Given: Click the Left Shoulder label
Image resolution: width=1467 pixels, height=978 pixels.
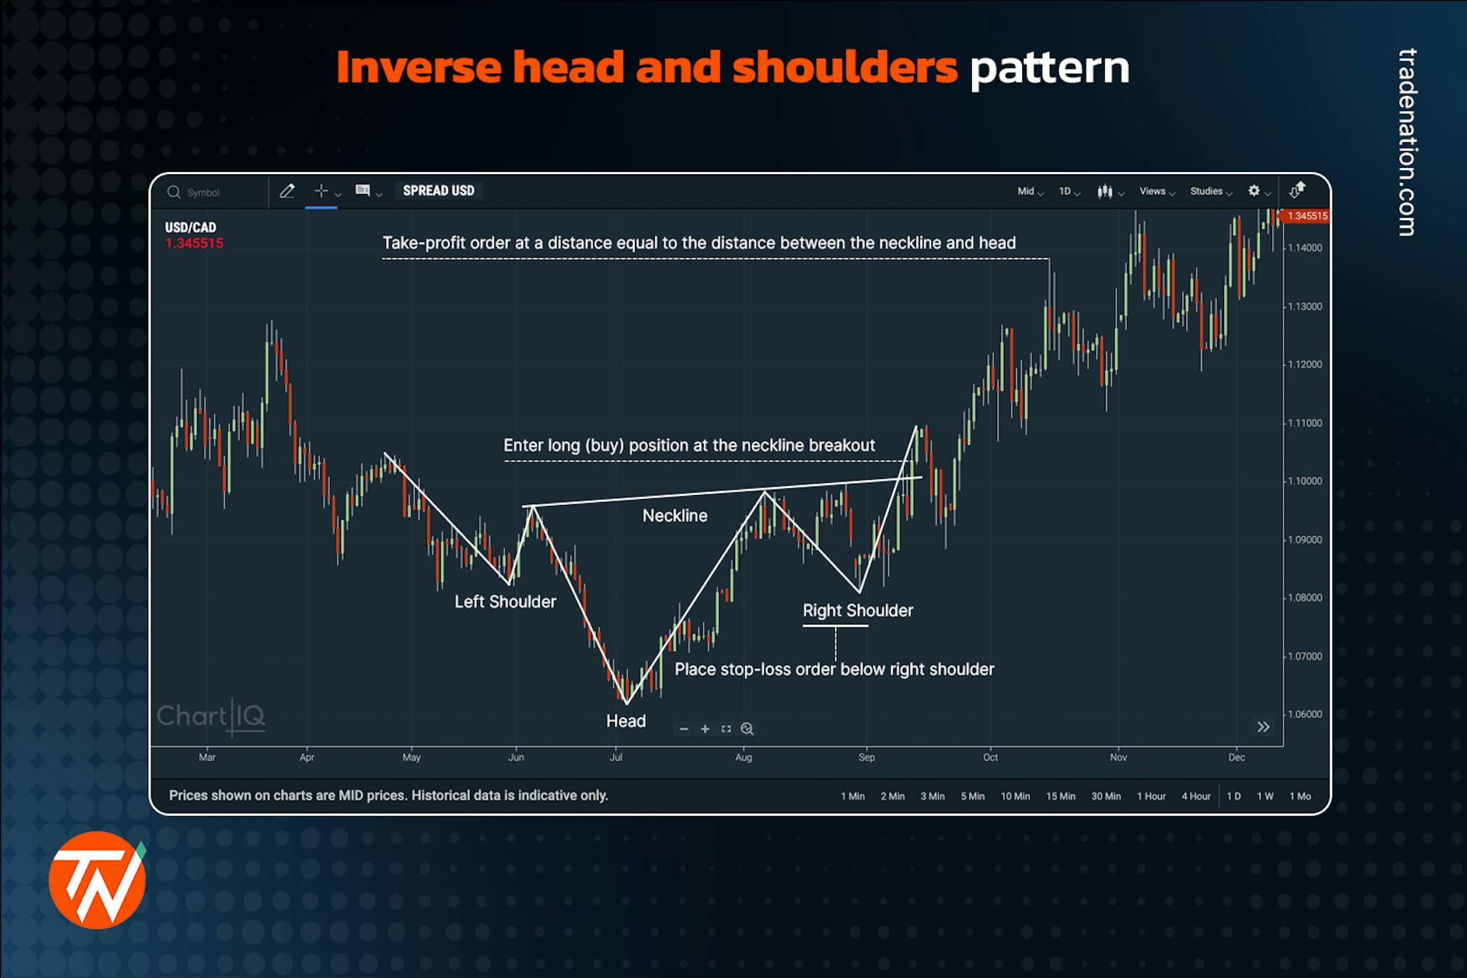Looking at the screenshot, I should [505, 602].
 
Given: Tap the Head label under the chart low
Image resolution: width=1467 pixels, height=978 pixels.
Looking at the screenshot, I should [626, 721].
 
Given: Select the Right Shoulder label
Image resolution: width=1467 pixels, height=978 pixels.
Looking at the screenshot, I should [857, 610].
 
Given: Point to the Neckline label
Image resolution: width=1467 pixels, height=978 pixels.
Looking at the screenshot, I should [675, 516].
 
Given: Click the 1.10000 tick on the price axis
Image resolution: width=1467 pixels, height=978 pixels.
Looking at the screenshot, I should [1305, 481].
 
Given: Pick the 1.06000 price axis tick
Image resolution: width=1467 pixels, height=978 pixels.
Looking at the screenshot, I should [1305, 714].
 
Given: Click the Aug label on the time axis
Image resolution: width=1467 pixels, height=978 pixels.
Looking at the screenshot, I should [743, 757].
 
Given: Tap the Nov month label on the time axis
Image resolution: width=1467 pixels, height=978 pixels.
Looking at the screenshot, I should [1119, 757].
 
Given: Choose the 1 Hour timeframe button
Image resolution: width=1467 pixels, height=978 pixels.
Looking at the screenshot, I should [1151, 796].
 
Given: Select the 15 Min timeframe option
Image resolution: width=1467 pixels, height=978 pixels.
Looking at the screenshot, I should [1061, 796].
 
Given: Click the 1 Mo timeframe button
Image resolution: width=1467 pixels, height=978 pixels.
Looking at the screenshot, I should [1300, 796].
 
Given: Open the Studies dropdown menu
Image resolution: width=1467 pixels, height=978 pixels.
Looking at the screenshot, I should [1210, 192].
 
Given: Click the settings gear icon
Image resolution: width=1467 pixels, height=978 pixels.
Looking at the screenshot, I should [1254, 191].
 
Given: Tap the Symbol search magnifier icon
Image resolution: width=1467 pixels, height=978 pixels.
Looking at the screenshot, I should [174, 192].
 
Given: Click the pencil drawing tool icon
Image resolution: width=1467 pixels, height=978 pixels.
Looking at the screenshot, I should [287, 191].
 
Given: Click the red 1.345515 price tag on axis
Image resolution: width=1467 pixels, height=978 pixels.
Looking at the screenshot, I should [1307, 216].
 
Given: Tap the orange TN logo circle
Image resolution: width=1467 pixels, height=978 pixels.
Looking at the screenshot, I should [97, 880].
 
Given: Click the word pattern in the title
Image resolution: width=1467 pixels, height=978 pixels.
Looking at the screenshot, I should [1049, 68].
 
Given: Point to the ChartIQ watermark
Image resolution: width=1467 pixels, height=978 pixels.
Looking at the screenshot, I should [211, 717].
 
